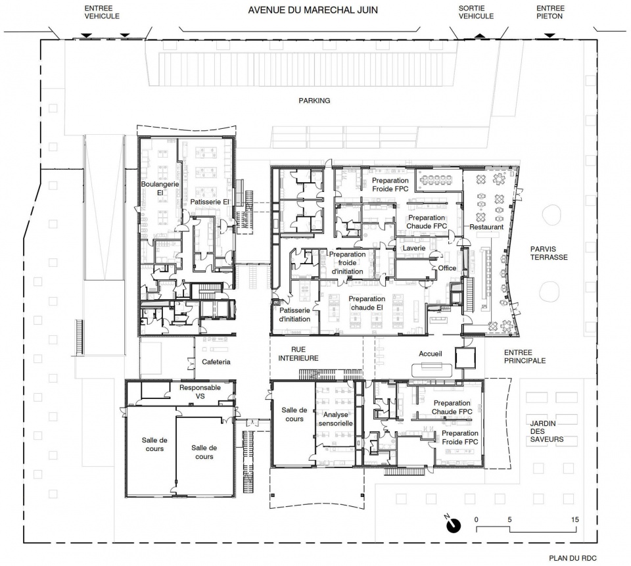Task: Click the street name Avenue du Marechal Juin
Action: [x=313, y=11]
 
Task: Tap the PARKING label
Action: [x=314, y=101]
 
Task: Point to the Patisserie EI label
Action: [x=209, y=202]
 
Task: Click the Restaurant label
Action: [x=486, y=227]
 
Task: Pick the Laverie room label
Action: [x=414, y=248]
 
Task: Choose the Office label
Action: [x=447, y=268]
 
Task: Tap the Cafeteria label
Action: [x=216, y=362]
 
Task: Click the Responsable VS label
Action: [x=200, y=392]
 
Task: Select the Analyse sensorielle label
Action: [x=336, y=419]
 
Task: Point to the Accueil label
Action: [x=430, y=354]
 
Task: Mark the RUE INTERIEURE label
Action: [x=298, y=354]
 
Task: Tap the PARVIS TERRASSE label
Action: [x=549, y=253]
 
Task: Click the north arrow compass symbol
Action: [x=454, y=525]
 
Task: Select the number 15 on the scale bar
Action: [x=575, y=520]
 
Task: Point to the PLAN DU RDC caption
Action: [x=573, y=558]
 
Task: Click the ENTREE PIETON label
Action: [x=550, y=12]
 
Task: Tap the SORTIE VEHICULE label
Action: [x=476, y=12]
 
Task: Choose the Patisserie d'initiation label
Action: [x=294, y=315]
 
